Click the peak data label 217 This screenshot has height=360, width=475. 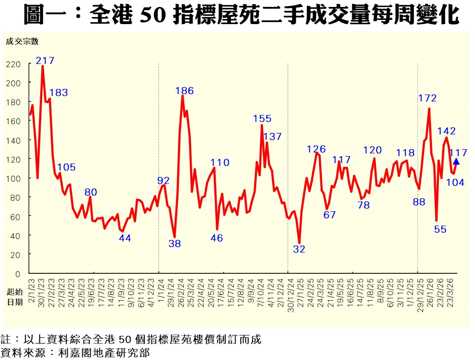pyautogui.click(x=45, y=60)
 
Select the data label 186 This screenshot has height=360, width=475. pyautogui.click(x=184, y=91)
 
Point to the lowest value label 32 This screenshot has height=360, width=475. pyautogui.click(x=299, y=249)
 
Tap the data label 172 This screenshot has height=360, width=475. pyautogui.click(x=427, y=98)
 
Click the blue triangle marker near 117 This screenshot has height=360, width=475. pyautogui.click(x=456, y=161)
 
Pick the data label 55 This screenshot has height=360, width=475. pyautogui.click(x=440, y=229)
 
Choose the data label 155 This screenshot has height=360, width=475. pyautogui.click(x=262, y=119)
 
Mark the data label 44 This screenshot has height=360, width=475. pyautogui.click(x=125, y=238)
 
